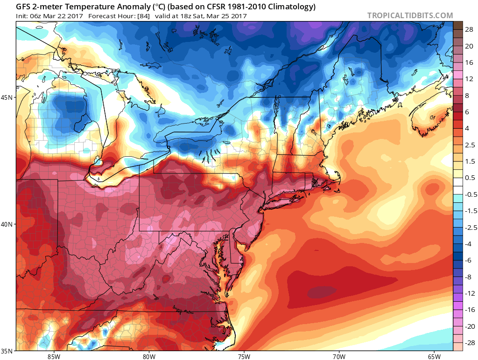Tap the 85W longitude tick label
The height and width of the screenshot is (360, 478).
click(x=54, y=356)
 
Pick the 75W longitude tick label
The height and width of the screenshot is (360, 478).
click(x=244, y=356)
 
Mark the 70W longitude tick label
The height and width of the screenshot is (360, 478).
click(x=338, y=356)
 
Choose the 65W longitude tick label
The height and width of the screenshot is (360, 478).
click(x=434, y=356)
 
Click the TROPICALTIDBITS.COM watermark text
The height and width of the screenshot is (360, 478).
click(x=410, y=15)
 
